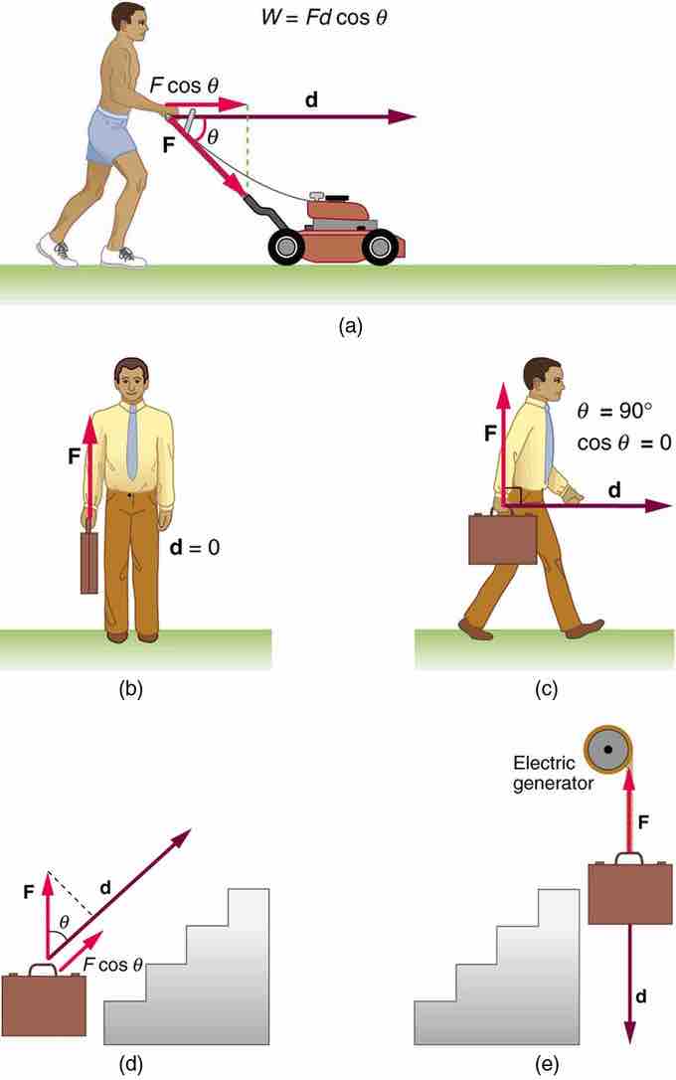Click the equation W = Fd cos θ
(324, 17)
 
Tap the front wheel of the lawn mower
(380, 246)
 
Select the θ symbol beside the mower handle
(213, 137)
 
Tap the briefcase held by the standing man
(89, 562)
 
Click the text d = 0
(195, 548)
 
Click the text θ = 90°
(614, 411)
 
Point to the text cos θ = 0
(623, 443)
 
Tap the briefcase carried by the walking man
(502, 537)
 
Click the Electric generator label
(553, 773)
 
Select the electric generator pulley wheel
(608, 750)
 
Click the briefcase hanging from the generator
(630, 889)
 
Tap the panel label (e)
(547, 1064)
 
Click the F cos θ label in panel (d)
(113, 965)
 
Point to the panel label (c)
(546, 688)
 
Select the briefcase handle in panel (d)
(44, 970)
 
